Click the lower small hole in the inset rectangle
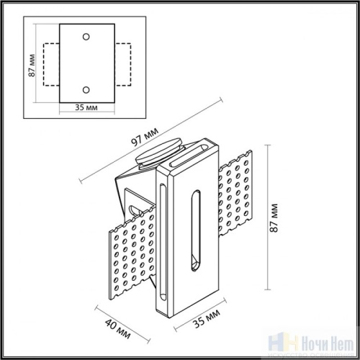coord(86,89)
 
